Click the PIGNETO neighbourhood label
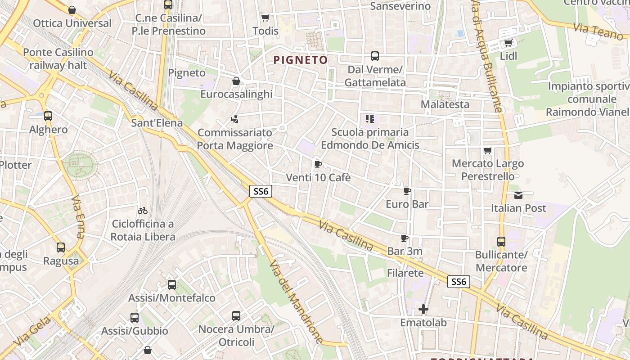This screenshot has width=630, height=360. click(301, 60)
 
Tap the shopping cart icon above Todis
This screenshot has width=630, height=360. click(265, 18)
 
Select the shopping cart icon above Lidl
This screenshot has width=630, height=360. click(508, 43)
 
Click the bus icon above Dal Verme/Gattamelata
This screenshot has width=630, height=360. click(375, 56)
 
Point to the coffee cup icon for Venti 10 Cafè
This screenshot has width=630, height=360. click(318, 164)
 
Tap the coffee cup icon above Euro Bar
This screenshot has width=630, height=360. click(407, 191)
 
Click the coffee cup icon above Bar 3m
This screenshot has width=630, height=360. click(405, 238)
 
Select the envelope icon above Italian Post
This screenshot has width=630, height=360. click(518, 195)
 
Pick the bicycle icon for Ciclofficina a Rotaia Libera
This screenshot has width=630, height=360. click(143, 210)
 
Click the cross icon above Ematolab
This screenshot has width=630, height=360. click(423, 309)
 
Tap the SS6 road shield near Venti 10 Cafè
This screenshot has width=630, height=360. click(261, 191)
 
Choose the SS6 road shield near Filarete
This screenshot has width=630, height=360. click(459, 282)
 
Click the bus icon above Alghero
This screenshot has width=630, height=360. click(48, 116)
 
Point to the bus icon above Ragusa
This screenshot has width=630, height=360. click(61, 247)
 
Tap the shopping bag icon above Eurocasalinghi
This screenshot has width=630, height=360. click(236, 81)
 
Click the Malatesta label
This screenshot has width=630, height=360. click(445, 104)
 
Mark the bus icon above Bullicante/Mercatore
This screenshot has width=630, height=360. click(501, 242)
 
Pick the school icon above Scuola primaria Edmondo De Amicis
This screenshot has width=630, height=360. click(370, 119)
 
